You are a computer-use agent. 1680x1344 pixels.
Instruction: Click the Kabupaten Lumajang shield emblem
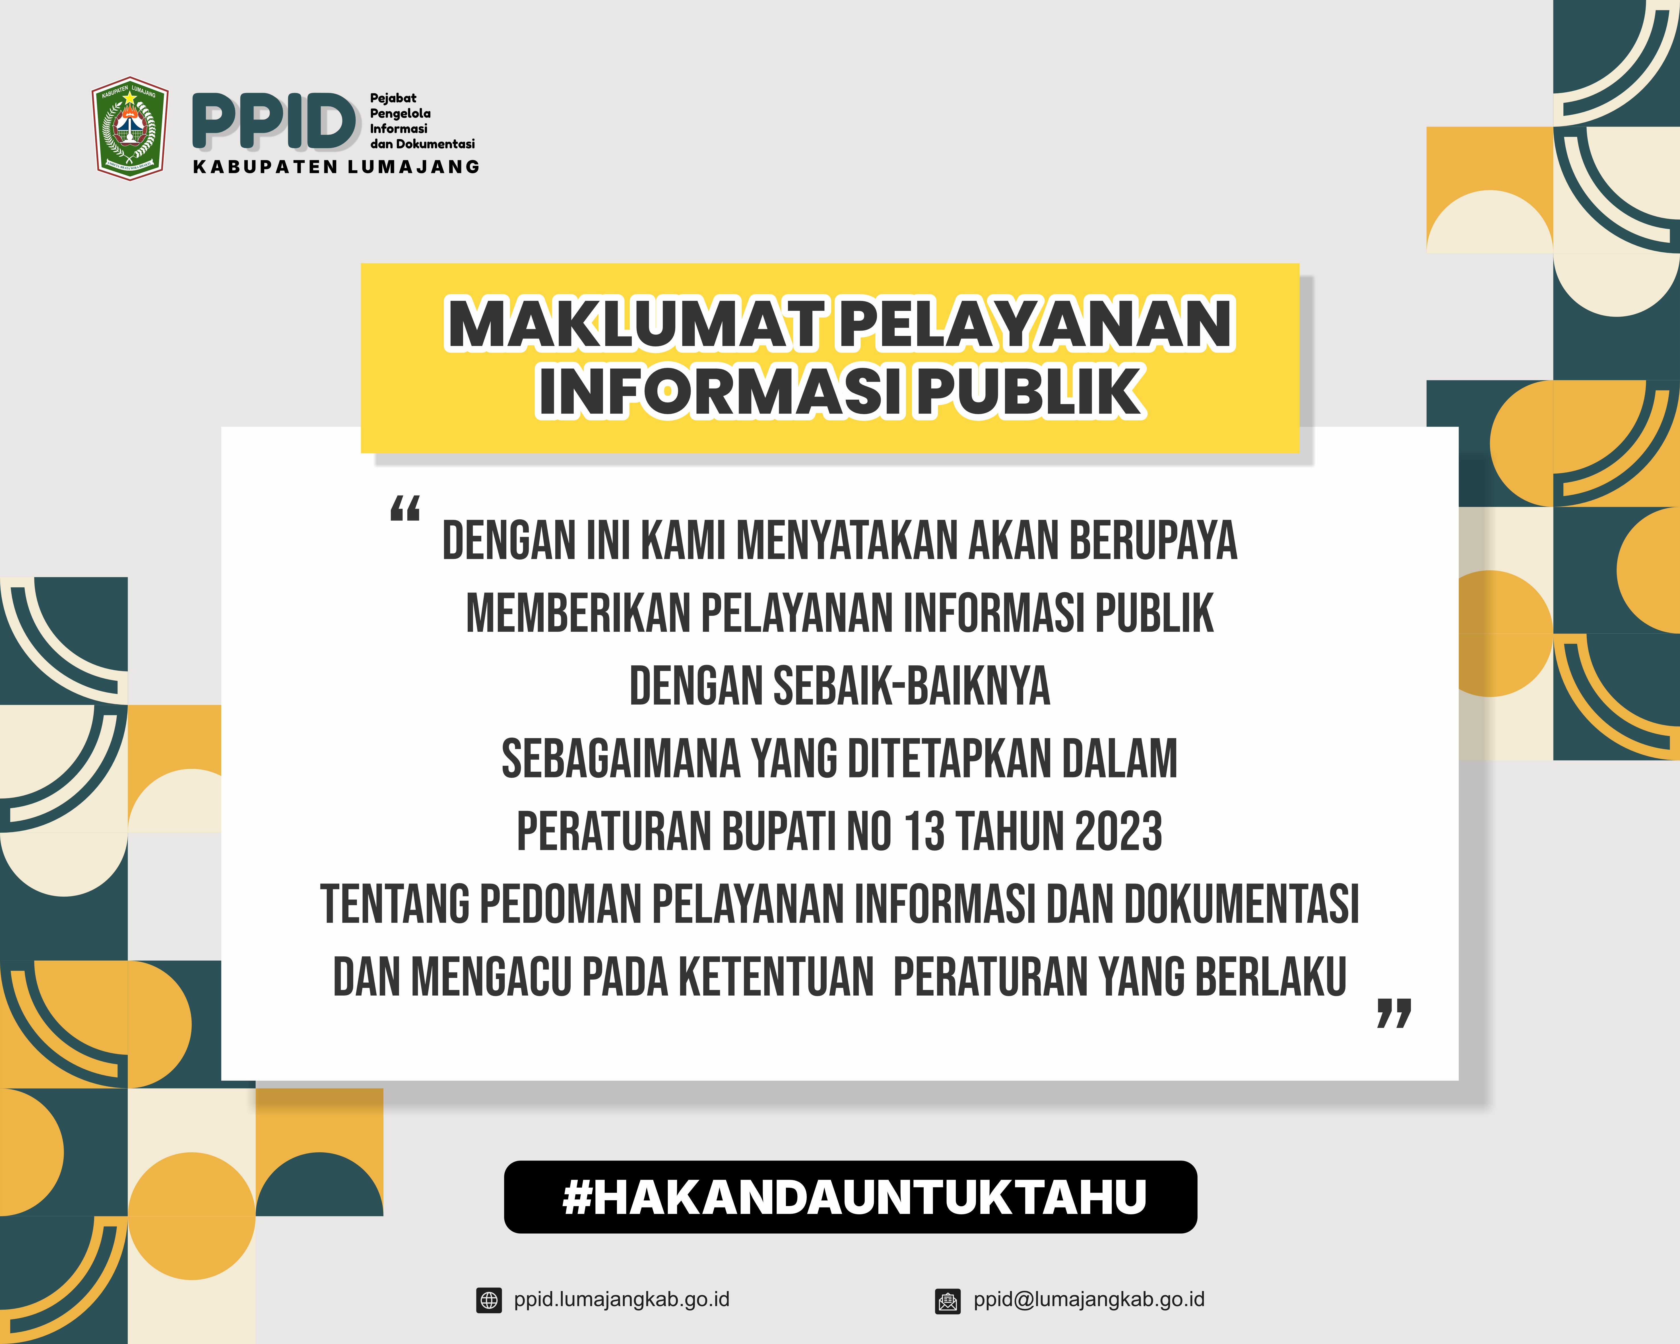coord(130,129)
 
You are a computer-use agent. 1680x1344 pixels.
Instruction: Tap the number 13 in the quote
coord(925,831)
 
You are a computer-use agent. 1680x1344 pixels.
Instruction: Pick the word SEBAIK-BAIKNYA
coord(912,686)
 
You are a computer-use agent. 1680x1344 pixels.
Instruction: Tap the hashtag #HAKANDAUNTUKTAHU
coord(854,1197)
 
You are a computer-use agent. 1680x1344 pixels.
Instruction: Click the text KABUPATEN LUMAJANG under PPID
coord(336,167)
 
